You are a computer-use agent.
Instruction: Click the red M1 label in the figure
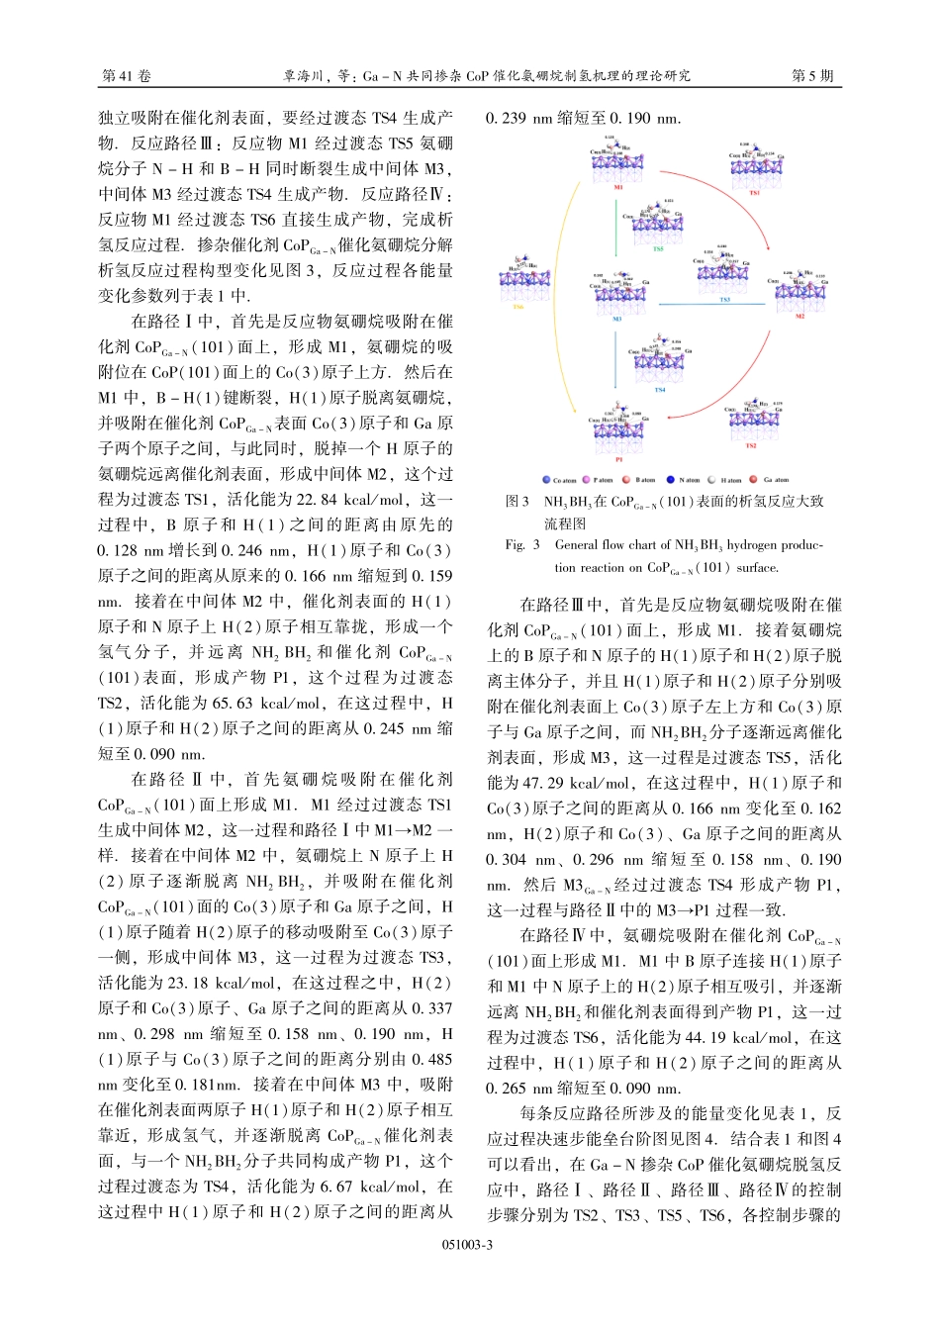(618, 186)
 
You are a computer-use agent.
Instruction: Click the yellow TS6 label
(517, 307)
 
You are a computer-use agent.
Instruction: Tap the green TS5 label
(658, 249)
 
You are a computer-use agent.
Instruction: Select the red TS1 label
(754, 193)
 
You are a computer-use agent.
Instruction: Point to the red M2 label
(800, 316)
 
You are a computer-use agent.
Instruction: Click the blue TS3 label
(725, 300)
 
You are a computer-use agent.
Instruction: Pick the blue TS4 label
(660, 389)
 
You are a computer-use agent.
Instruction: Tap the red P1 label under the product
(619, 458)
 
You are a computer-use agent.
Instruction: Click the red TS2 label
(751, 445)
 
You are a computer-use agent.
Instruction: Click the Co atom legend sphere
(546, 480)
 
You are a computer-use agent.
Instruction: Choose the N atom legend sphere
(670, 480)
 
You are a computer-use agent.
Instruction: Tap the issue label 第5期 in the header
(812, 76)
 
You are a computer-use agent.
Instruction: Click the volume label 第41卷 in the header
(127, 76)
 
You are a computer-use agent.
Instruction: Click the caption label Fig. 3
(522, 544)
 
